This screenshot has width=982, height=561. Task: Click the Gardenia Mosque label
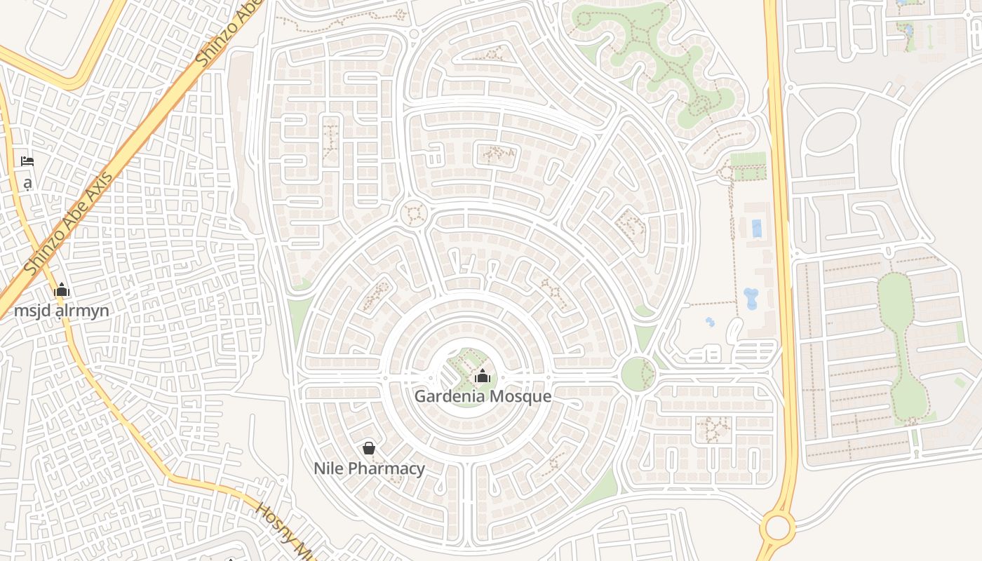[x=483, y=396]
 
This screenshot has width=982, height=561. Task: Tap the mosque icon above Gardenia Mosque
[x=482, y=377]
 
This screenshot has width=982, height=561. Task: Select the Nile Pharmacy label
[x=369, y=468]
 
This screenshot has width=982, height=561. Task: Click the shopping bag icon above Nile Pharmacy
[x=369, y=448]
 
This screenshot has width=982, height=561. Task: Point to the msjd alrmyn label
[x=62, y=311]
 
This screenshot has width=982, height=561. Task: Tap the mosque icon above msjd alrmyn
[x=62, y=290]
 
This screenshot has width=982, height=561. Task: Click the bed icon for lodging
[x=27, y=161]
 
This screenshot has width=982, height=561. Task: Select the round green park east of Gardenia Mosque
[x=638, y=373]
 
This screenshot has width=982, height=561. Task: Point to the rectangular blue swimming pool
[x=756, y=229]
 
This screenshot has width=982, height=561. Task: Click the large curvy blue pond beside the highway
[x=751, y=298]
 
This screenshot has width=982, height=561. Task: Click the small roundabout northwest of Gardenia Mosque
[x=413, y=213]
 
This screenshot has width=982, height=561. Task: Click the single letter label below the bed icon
[x=27, y=184]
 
